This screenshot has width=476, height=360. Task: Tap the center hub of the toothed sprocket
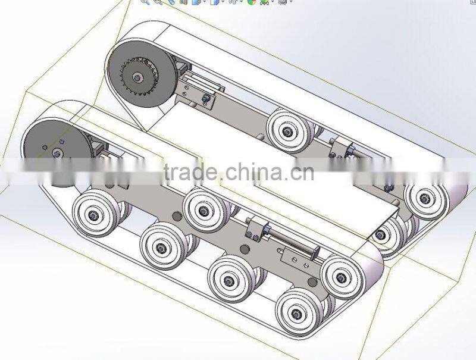pos(138,78)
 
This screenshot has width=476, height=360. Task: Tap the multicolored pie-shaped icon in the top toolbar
pos(252,2)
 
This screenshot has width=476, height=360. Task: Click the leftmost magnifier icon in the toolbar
pos(145,2)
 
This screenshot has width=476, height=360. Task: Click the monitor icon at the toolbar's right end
pos(283,2)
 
